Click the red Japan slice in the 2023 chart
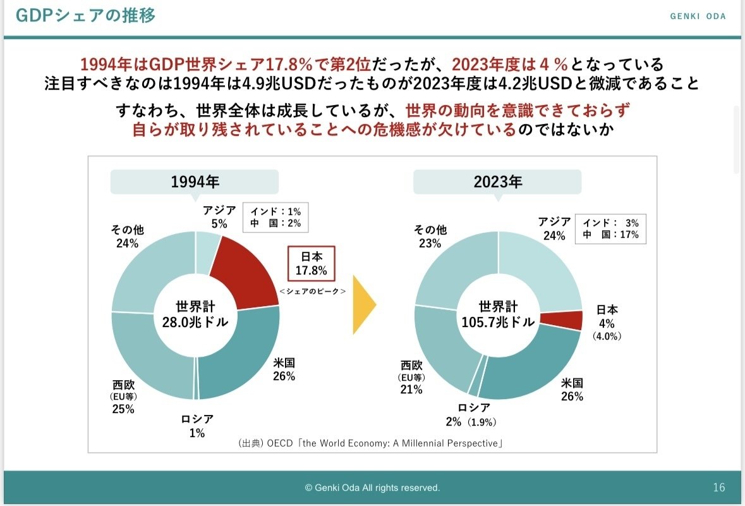[x=569, y=320]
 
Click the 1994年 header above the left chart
[x=195, y=182]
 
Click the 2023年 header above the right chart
[x=498, y=182]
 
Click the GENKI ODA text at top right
[x=698, y=16]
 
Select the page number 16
[x=718, y=488]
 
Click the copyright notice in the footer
[x=372, y=488]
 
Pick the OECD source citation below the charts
[x=370, y=443]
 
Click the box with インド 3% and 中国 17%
[x=610, y=228]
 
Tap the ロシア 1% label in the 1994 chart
[x=197, y=426]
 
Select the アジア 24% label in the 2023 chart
[x=554, y=228]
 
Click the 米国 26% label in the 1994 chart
[x=284, y=369]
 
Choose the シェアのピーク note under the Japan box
[x=312, y=291]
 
